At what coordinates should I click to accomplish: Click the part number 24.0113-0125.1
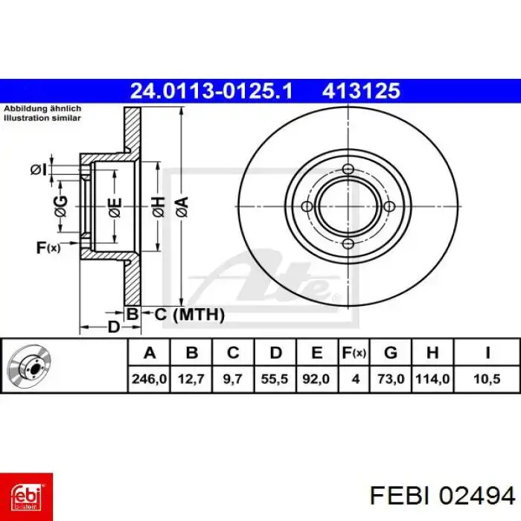212,91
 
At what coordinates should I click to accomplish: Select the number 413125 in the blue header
361,91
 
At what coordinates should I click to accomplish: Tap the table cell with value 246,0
149,379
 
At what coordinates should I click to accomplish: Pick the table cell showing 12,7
191,379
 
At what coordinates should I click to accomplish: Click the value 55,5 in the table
275,379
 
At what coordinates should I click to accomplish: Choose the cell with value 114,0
433,379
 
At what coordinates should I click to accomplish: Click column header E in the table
316,352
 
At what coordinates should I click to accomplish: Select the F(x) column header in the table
355,352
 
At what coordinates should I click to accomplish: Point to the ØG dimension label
60,202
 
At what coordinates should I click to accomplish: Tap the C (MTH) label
189,315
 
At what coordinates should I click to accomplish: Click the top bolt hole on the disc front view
348,170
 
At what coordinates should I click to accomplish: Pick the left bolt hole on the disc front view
306,206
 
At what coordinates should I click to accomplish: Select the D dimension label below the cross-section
113,327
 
